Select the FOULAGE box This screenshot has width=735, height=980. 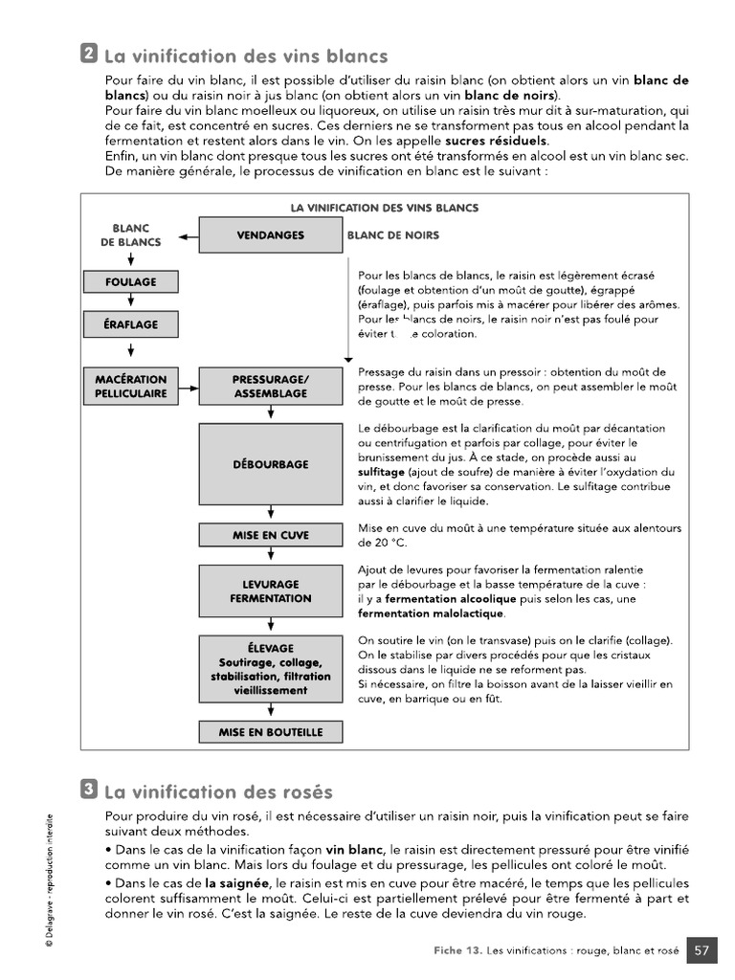click(131, 282)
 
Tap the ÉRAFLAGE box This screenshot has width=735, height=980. click(131, 324)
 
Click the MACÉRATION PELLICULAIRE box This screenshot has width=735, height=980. click(131, 387)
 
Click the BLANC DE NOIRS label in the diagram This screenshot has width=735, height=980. click(393, 235)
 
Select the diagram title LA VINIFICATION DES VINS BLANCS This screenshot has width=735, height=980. click(384, 208)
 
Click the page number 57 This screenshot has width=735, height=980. click(702, 950)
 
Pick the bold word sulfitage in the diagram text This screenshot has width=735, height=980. click(381, 472)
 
